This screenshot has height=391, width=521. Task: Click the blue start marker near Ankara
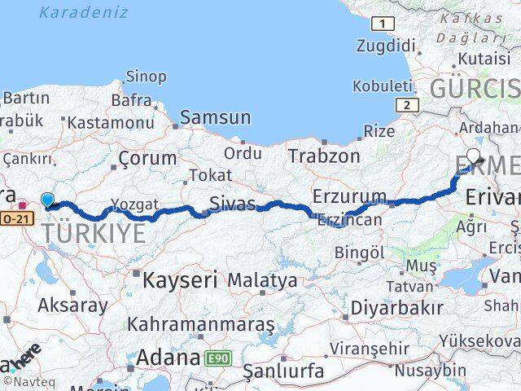coord(48,200)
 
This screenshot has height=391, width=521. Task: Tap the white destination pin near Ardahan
coord(474,154)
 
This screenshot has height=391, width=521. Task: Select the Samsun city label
coord(215,117)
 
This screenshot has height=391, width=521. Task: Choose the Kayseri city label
coord(180,281)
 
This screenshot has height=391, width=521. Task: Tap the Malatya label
coord(262,280)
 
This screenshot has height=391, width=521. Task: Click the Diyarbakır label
coord(397,308)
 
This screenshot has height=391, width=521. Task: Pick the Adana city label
coord(169,357)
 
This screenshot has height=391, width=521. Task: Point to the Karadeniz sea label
coord(83,12)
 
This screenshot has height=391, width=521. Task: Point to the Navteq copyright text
coord(24,380)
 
